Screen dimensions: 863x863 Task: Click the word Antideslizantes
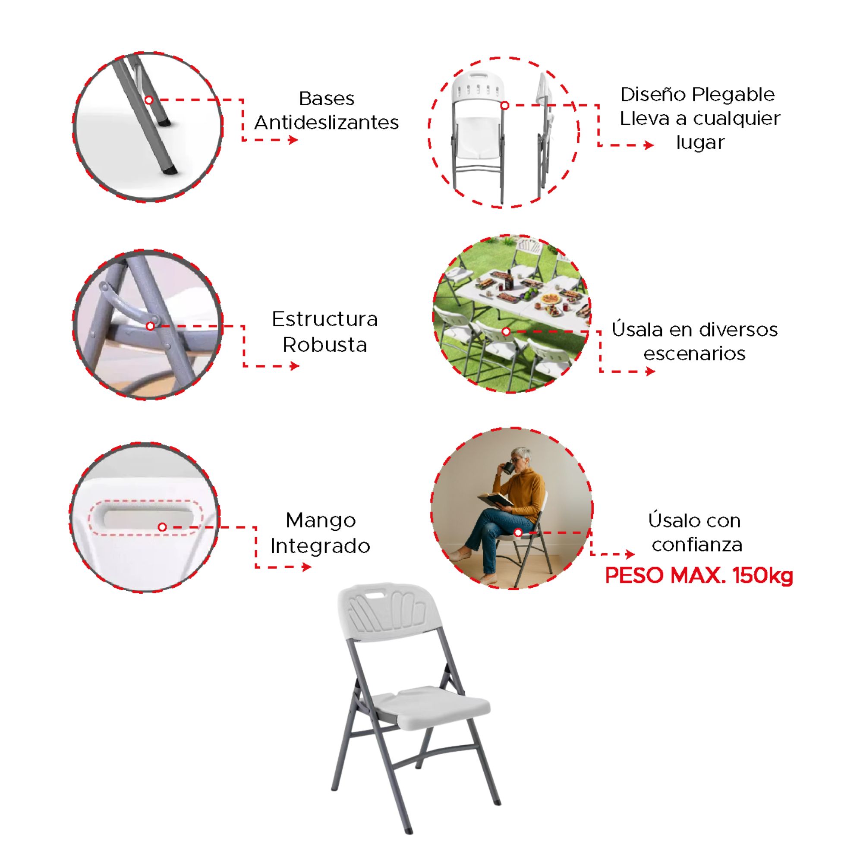pyautogui.click(x=327, y=123)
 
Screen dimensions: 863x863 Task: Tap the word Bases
pyautogui.click(x=327, y=99)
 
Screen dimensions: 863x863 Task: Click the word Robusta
pyautogui.click(x=325, y=345)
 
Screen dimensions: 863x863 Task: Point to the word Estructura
pyautogui.click(x=325, y=319)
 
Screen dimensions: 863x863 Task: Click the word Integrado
pyautogui.click(x=320, y=546)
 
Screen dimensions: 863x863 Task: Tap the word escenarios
pyautogui.click(x=695, y=354)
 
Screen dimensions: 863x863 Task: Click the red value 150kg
pyautogui.click(x=763, y=575)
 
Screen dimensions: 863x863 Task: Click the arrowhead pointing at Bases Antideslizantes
pyautogui.click(x=293, y=140)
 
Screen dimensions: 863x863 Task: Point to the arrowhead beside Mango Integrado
pyautogui.click(x=307, y=567)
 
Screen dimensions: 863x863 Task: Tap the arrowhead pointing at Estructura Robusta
pyautogui.click(x=294, y=366)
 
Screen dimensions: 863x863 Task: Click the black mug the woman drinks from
pyautogui.click(x=507, y=468)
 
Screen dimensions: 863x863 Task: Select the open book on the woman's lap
pyautogui.click(x=495, y=500)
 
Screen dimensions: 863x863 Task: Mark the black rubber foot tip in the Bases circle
pyautogui.click(x=168, y=170)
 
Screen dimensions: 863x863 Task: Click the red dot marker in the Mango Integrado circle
pyautogui.click(x=162, y=528)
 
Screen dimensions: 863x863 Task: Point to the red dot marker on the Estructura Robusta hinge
pyautogui.click(x=150, y=327)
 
